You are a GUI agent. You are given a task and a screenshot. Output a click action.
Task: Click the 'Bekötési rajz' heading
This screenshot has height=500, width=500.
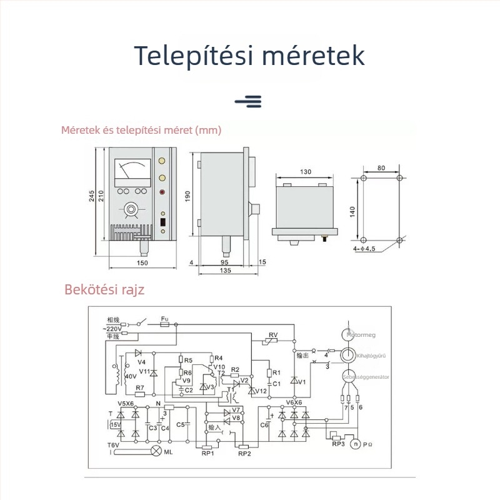pos(104,290)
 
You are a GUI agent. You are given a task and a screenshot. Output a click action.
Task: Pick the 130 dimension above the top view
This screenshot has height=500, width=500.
pos(306,172)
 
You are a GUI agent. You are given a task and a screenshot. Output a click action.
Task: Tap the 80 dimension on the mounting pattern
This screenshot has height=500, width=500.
pos(381,168)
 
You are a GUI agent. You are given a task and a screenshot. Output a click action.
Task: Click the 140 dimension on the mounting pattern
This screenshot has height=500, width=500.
pos(354,212)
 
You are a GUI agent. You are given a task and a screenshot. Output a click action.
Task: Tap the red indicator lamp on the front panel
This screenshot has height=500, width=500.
pos(164,192)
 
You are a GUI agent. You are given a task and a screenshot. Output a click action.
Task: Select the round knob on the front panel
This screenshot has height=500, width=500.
pos(131,208)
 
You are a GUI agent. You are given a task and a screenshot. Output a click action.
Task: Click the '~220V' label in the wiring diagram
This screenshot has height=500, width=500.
pos(113,328)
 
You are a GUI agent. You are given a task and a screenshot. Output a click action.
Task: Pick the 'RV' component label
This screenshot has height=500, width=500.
pos(272,336)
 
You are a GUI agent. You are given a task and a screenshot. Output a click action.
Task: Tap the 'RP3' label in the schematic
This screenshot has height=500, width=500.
pos(338,444)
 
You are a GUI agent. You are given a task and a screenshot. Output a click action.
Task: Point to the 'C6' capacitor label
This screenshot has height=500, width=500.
pos(264,425)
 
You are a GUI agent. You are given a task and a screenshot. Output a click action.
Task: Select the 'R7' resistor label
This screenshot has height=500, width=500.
pos(140,388)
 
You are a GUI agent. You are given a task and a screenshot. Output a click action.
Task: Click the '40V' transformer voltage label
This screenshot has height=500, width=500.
pos(130,377)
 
